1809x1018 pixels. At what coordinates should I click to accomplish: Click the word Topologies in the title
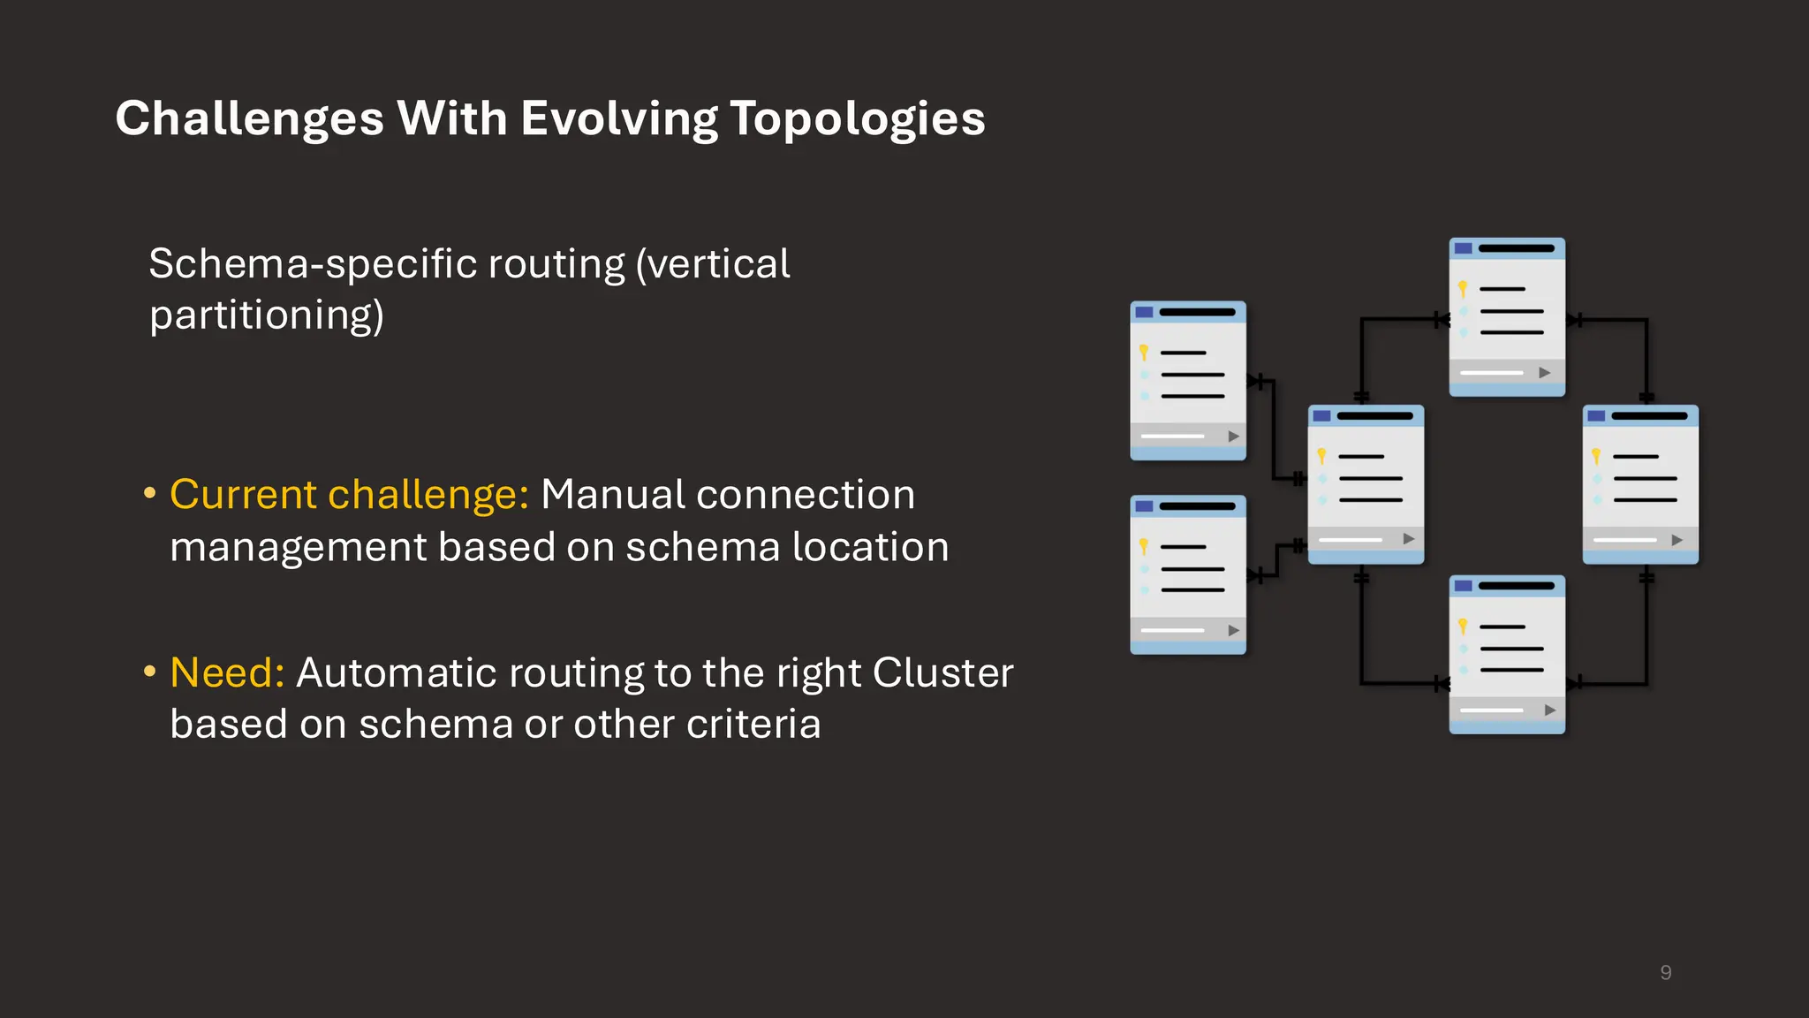857,119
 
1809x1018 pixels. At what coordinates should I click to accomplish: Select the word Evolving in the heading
619,119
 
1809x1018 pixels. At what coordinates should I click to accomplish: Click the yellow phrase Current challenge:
349,495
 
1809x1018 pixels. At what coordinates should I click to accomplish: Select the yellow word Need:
227,673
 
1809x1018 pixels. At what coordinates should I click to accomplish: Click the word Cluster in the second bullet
942,673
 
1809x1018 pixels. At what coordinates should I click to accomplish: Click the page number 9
1665,973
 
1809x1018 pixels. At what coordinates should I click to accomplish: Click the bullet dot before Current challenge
150,493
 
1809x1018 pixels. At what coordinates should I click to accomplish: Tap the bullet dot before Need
150,672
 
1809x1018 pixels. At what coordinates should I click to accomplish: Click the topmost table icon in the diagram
1507,316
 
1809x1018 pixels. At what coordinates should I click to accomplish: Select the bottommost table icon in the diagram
1507,654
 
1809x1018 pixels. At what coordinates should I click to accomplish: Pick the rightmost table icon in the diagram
1640,484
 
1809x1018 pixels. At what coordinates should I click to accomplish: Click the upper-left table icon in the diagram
1188,380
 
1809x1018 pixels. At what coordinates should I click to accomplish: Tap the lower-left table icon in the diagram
1188,574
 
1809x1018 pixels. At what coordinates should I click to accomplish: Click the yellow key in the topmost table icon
1463,289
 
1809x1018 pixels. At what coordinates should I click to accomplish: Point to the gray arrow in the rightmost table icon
1677,540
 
